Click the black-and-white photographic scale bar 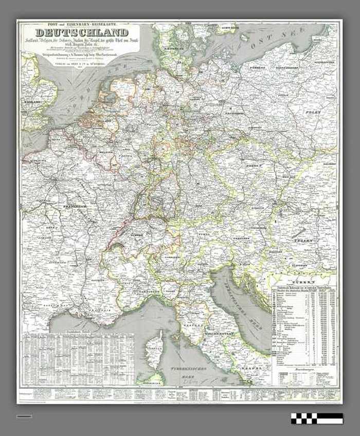point(316,418)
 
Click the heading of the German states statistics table point(303,289)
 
